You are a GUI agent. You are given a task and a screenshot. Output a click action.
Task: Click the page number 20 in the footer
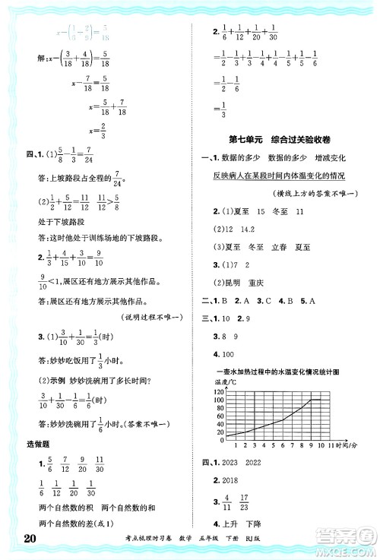click(23, 540)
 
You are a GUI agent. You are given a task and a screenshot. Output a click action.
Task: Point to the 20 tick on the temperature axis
click(201, 432)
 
